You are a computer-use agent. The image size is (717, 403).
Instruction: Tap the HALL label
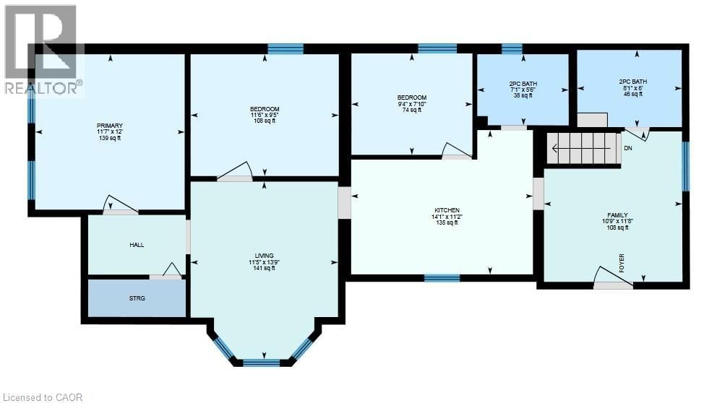[x=137, y=245]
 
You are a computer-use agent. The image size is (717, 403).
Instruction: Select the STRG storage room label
[x=137, y=298]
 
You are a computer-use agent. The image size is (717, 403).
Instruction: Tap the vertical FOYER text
[x=621, y=262]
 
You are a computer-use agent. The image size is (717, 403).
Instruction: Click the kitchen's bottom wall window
[x=442, y=277]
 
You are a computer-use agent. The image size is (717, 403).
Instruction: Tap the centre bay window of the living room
[x=261, y=362]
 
